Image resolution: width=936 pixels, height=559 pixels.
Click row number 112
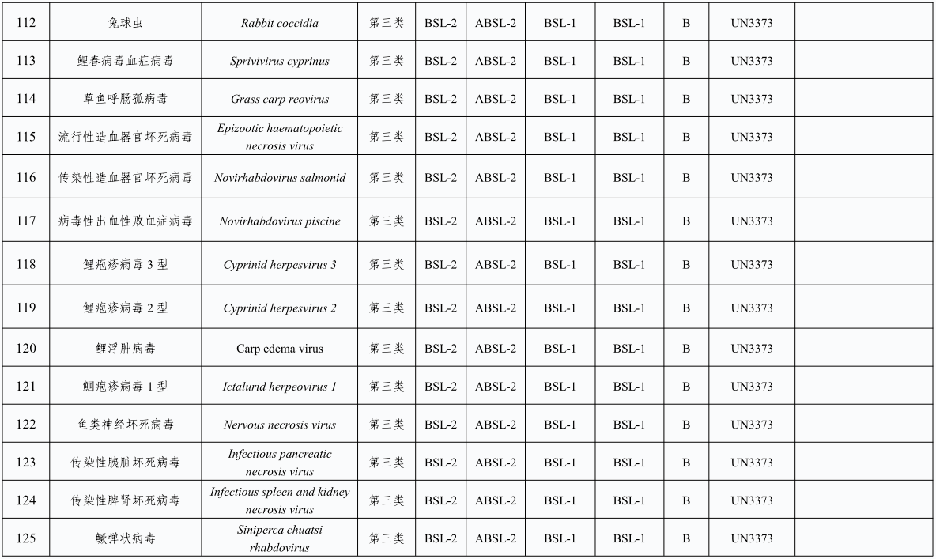tap(25, 23)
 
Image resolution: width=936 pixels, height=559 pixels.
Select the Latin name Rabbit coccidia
tap(280, 23)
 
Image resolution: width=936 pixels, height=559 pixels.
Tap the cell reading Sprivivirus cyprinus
tap(280, 61)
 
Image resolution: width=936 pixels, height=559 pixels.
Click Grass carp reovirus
tap(280, 99)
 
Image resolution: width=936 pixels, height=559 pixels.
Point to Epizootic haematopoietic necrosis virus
tap(280, 137)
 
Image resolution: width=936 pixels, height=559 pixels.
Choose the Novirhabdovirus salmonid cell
tap(280, 178)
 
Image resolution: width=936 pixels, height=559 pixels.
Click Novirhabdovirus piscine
tap(280, 221)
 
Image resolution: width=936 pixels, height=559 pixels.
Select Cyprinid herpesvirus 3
tap(280, 265)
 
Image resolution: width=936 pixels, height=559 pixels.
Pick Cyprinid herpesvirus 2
tap(280, 308)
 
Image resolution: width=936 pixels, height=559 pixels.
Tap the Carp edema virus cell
tap(280, 349)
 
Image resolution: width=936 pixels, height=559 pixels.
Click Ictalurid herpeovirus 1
tap(280, 387)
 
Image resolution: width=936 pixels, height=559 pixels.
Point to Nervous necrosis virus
tap(280, 425)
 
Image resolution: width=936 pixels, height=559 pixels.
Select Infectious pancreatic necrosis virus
tap(280, 463)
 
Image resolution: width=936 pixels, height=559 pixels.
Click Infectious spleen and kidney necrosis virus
tap(280, 500)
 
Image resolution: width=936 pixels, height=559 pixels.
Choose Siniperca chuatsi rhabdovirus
tap(280, 538)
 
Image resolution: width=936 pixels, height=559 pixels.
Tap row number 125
tap(25, 538)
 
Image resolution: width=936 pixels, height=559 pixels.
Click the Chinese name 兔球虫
tap(126, 23)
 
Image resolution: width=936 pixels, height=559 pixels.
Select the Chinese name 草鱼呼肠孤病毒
tap(126, 99)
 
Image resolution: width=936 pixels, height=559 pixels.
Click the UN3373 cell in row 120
tap(751, 349)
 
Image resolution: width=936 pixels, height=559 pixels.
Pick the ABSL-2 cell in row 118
tap(496, 265)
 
